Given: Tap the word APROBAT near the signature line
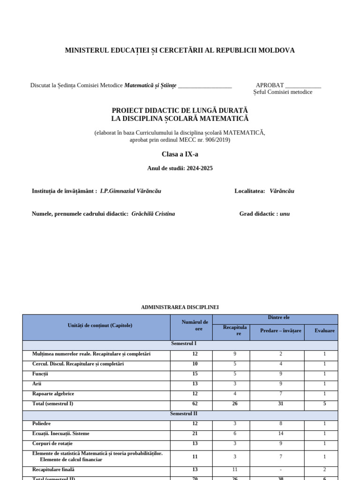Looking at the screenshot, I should pos(270,85).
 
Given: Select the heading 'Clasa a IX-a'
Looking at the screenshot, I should pos(180,154).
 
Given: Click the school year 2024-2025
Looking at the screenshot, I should pos(199,168).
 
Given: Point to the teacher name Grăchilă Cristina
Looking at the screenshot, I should pos(153,214).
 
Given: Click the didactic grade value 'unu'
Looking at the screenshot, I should pos(285,214).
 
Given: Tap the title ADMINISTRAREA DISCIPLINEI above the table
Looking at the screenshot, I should pos(180,307).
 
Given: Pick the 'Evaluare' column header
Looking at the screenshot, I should pos(325,330).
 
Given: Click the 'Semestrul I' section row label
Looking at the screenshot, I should pos(180,344).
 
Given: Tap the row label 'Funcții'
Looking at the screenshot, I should pos(40,374).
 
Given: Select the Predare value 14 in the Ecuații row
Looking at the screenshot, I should pos(281,434).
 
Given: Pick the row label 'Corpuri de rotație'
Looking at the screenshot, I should pos(52,443).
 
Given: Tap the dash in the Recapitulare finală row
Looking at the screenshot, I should pos(281,470).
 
